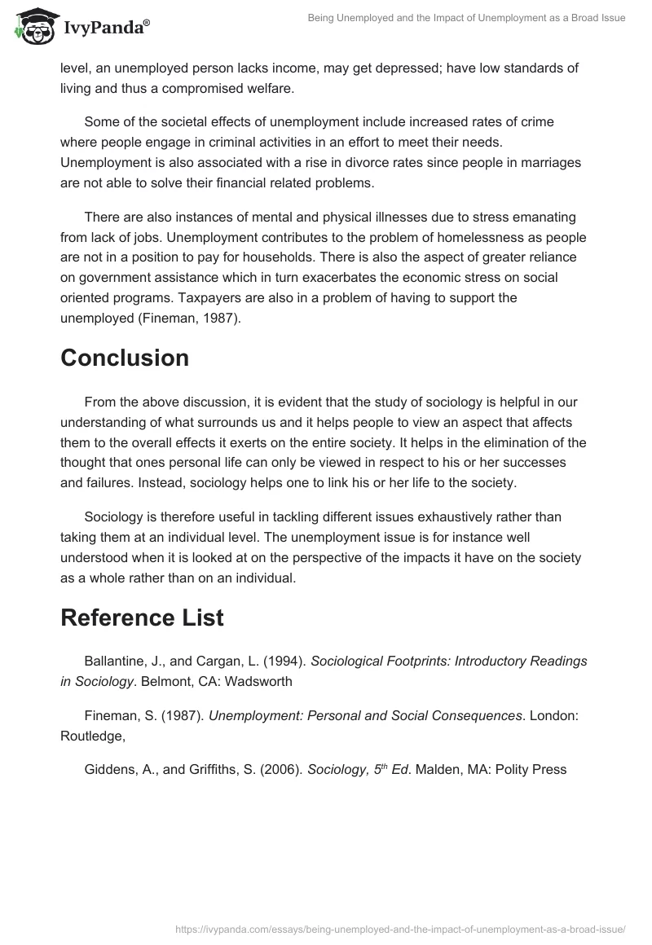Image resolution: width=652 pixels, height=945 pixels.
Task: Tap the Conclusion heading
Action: pyautogui.click(x=125, y=358)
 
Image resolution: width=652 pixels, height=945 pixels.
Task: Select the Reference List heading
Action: pyautogui.click(x=142, y=618)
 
